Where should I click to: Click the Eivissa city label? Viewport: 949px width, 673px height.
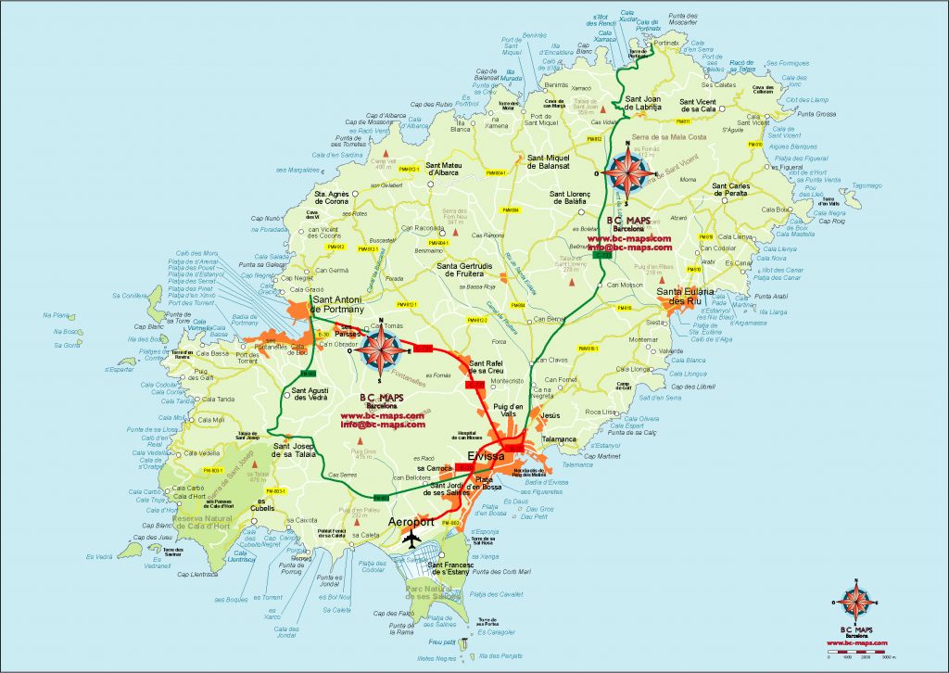point(487,457)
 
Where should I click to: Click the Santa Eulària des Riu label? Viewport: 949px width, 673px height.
point(687,297)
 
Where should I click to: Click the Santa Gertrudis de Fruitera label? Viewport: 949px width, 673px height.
point(472,269)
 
